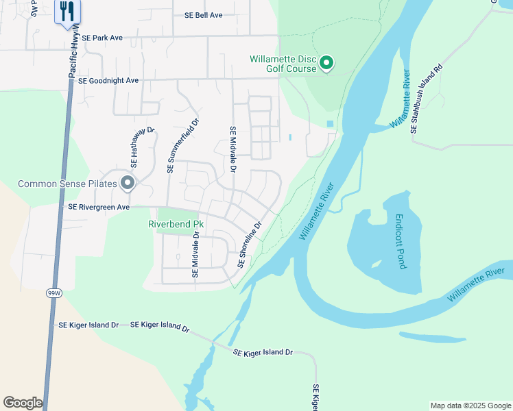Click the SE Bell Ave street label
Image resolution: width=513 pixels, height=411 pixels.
click(204, 15)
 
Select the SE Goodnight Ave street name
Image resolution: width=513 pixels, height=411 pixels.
click(108, 80)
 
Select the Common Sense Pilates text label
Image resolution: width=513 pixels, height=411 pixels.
click(67, 184)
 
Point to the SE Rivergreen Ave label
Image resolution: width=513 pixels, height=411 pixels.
click(99, 206)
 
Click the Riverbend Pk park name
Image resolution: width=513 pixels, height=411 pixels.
click(176, 224)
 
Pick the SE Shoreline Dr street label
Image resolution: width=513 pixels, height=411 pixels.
click(250, 245)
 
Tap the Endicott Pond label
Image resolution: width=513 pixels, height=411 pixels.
click(399, 242)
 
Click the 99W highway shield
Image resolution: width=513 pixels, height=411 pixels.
click(53, 293)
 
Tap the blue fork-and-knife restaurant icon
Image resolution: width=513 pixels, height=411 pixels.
click(67, 12)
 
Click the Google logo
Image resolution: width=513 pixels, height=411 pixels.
click(23, 403)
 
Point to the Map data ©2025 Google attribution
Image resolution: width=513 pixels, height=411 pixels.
click(470, 406)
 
